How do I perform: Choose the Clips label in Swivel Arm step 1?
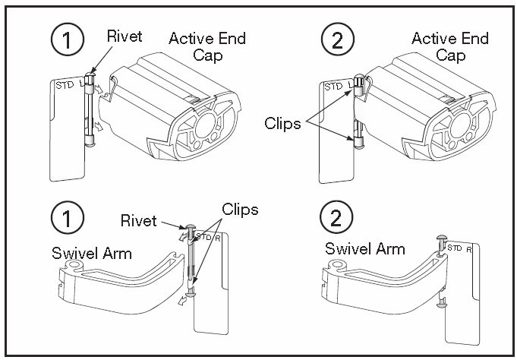[x=240, y=208]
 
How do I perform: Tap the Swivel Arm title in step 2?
[x=364, y=248]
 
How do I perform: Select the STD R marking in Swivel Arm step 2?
[x=460, y=248]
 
